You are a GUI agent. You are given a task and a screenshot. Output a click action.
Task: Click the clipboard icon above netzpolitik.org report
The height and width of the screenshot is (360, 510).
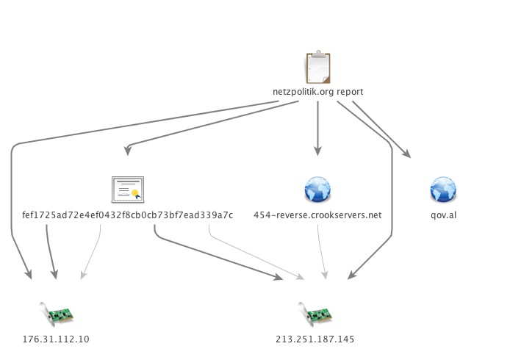pyautogui.click(x=317, y=68)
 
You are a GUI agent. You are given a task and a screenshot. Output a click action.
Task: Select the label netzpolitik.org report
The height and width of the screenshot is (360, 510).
pyautogui.click(x=317, y=92)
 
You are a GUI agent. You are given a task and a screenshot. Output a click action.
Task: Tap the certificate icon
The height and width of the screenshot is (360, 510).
pyautogui.click(x=128, y=190)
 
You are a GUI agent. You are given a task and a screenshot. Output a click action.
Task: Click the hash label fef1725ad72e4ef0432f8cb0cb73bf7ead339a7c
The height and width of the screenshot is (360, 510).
pyautogui.click(x=128, y=215)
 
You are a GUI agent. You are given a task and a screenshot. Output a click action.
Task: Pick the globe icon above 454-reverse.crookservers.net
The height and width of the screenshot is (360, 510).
pyautogui.click(x=317, y=190)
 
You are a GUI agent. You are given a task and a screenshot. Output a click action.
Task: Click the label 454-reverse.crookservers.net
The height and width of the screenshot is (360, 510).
pyautogui.click(x=317, y=215)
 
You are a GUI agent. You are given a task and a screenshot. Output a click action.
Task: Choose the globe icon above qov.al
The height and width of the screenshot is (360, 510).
pyautogui.click(x=443, y=190)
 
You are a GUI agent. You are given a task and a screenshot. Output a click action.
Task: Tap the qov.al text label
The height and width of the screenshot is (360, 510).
pyautogui.click(x=443, y=215)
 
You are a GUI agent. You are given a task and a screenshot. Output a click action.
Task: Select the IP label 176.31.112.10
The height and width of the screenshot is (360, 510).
pyautogui.click(x=57, y=339)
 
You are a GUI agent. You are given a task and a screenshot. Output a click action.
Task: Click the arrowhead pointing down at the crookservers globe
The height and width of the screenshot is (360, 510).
pyautogui.click(x=317, y=151)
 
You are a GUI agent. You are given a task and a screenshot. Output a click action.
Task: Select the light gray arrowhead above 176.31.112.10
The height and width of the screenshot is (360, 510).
pyautogui.click(x=83, y=275)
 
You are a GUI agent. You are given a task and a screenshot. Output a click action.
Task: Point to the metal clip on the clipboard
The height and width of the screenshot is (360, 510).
pyautogui.click(x=317, y=54)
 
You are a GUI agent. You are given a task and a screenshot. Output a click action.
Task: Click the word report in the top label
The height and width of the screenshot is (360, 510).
pyautogui.click(x=350, y=92)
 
